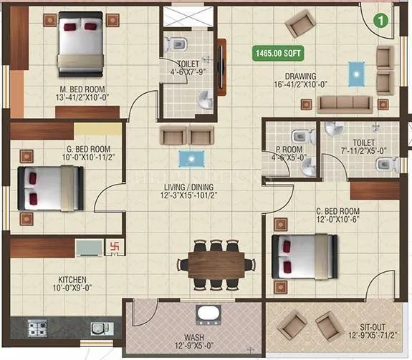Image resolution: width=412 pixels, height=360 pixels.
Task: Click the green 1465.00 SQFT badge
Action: coord(279,52)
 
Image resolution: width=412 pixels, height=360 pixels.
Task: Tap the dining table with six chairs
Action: coord(217,263)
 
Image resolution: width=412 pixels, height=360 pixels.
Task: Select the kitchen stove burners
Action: coord(38,329)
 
